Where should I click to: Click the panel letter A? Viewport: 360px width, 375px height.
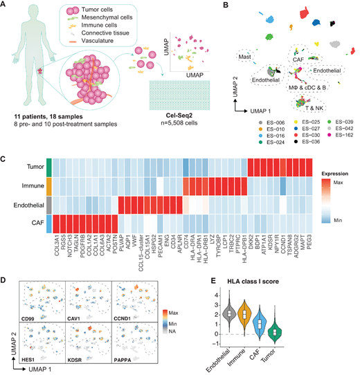(x=5, y=6)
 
